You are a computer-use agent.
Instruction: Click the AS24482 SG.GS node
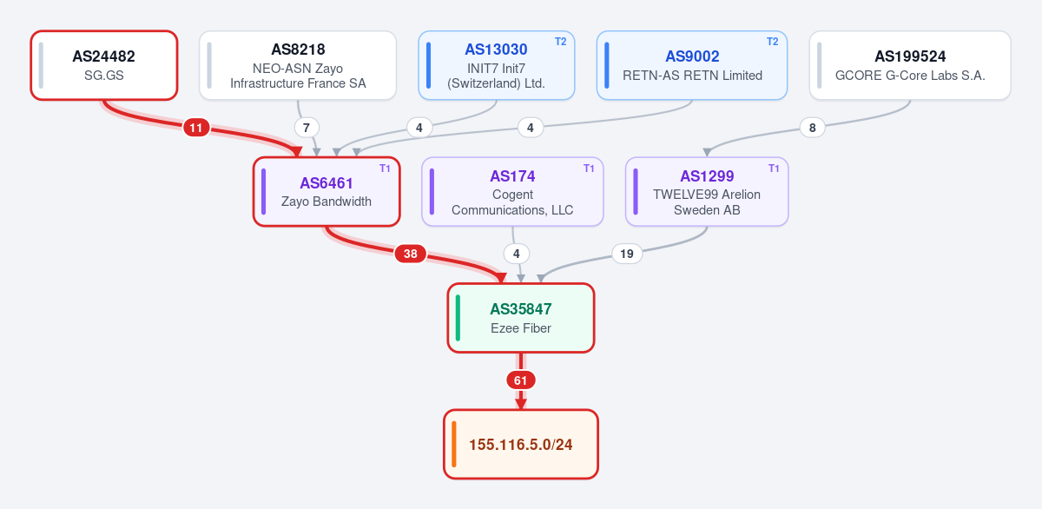pos(104,65)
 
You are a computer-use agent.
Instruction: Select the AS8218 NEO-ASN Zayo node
pos(298,65)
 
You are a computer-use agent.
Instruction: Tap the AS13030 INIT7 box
pos(497,65)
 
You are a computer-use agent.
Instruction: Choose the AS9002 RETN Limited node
pos(692,65)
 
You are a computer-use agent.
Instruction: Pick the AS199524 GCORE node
pos(910,65)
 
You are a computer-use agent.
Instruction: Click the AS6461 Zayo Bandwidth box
pos(326,192)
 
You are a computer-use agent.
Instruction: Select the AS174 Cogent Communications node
pos(512,192)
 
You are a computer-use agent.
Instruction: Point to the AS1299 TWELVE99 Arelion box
pos(707,192)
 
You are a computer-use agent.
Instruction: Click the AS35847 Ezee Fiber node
pos(521,318)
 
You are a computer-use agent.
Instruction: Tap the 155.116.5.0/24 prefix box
pos(521,444)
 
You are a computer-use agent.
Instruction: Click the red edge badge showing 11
pos(196,128)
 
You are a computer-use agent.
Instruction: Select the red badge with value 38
pos(410,254)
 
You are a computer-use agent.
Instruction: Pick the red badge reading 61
pos(520,380)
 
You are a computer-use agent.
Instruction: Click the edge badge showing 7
pos(306,128)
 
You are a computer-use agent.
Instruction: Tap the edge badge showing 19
pos(627,254)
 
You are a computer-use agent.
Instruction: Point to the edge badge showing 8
pos(812,128)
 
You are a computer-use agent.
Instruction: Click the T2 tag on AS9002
pos(772,42)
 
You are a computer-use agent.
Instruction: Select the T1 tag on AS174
pos(589,169)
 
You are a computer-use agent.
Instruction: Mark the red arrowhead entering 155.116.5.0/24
pos(521,404)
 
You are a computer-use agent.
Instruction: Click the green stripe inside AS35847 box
pos(458,318)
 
